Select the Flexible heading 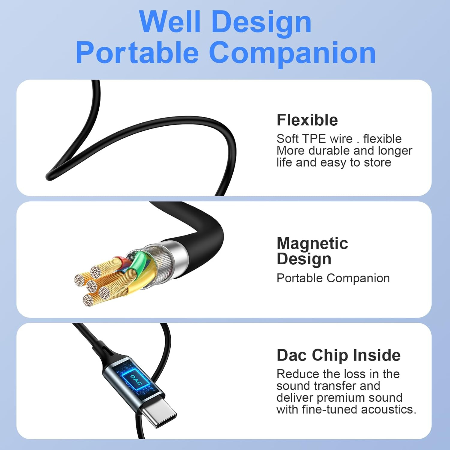pos(307,120)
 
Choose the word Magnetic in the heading pos(312,243)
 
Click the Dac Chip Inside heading pos(339,355)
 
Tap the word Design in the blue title pos(261,22)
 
